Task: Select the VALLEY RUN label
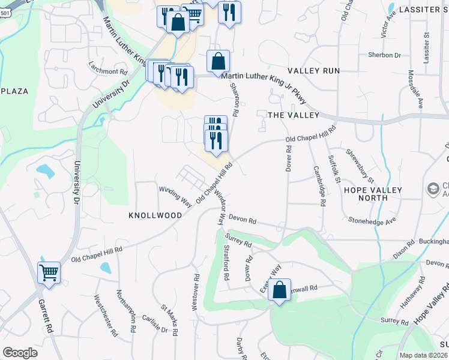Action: tap(313, 71)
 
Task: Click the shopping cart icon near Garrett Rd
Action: tap(49, 273)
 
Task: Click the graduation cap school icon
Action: tap(432, 189)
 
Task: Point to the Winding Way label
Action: tap(175, 197)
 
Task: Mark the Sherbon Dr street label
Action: tap(385, 55)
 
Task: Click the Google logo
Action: tap(20, 352)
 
